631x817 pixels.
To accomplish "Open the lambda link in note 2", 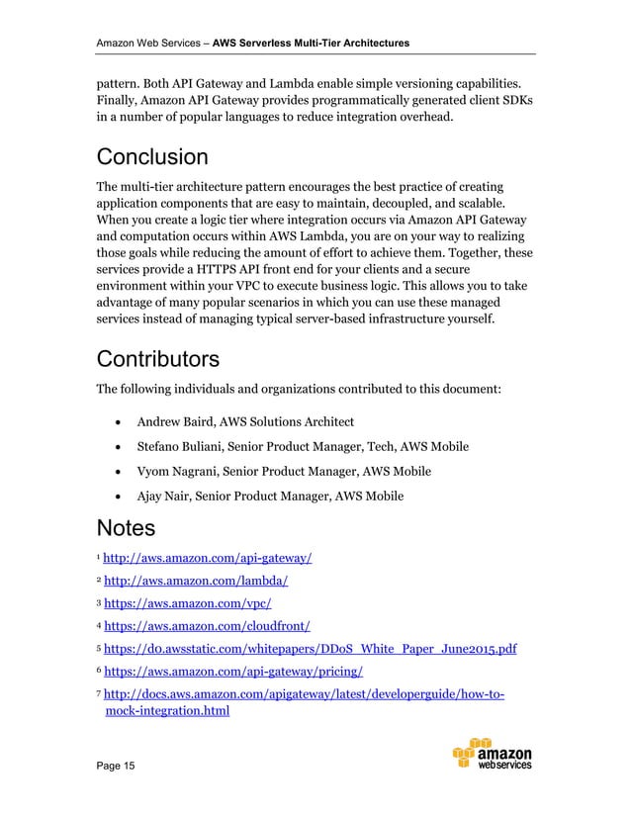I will click(x=196, y=582).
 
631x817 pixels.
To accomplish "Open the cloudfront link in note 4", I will click(x=208, y=625).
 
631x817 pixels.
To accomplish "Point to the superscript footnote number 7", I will click(x=97, y=692).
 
